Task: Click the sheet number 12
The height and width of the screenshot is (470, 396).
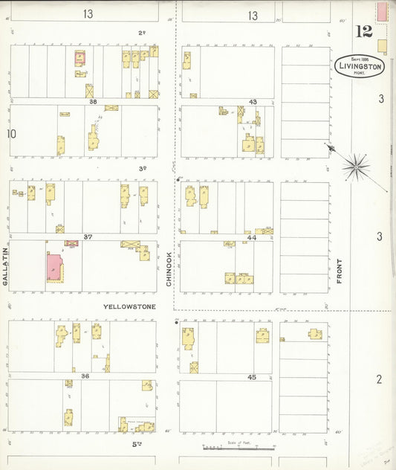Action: pos(363,31)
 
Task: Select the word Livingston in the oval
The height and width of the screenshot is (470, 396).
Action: pos(360,65)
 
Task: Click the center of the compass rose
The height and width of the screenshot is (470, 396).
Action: pos(357,165)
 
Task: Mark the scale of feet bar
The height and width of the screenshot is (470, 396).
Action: pos(238,448)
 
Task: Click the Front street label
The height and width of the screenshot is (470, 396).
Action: pos(340,271)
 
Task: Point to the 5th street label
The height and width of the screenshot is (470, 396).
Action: pos(137,444)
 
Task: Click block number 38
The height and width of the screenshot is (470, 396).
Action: pos(94,102)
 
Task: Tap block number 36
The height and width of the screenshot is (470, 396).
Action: pos(85,376)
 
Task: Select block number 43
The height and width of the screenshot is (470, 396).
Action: pos(253,102)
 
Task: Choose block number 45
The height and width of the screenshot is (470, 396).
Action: pos(252,377)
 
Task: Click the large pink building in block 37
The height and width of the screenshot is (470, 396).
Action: pos(54,266)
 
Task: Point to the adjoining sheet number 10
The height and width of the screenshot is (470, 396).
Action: pos(11,134)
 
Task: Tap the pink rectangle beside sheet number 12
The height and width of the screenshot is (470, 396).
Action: pos(382,11)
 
